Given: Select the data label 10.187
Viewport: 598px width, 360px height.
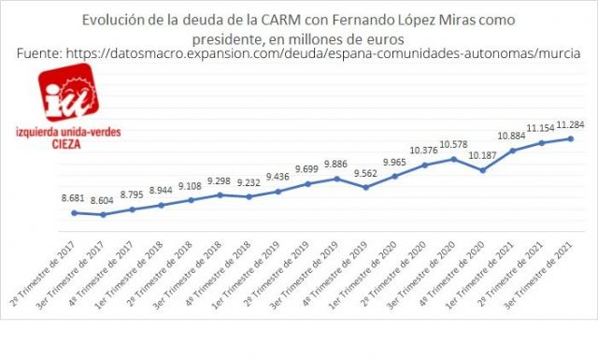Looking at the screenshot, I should (481, 156).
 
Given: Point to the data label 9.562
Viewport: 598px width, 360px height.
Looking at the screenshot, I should (365, 173).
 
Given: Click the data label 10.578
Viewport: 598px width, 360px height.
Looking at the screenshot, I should (453, 143).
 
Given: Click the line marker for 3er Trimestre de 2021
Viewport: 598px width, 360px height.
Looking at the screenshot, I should (570, 139).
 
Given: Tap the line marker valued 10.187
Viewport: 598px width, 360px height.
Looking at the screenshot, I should (482, 170).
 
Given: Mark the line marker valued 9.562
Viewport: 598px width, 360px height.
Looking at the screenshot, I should (366, 187).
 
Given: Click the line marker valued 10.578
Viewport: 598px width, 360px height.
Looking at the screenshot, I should (453, 158).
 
